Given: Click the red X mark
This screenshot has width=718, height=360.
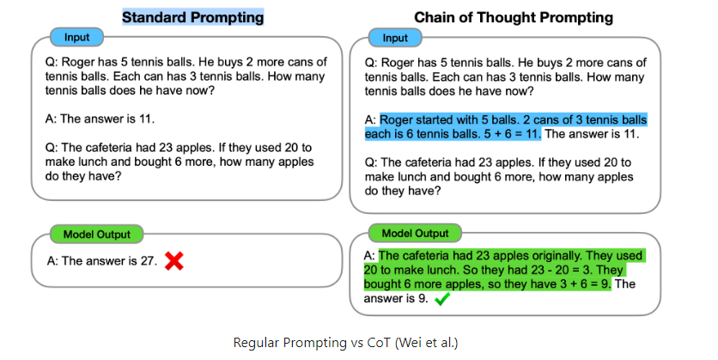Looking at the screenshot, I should pos(174,261).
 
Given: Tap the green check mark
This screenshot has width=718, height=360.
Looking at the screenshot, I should pos(442,299).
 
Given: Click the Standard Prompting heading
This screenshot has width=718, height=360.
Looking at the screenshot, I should pos(192,17).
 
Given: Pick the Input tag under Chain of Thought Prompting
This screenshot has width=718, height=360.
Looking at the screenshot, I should pos(394,39).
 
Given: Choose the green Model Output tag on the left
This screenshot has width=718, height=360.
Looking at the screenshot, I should pos(96,234).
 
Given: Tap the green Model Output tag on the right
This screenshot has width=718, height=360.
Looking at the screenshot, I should pos(415,233).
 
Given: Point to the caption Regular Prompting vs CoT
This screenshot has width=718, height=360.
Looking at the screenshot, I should pos(358,342).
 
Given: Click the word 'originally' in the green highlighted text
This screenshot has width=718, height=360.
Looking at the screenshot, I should pos(550,256).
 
